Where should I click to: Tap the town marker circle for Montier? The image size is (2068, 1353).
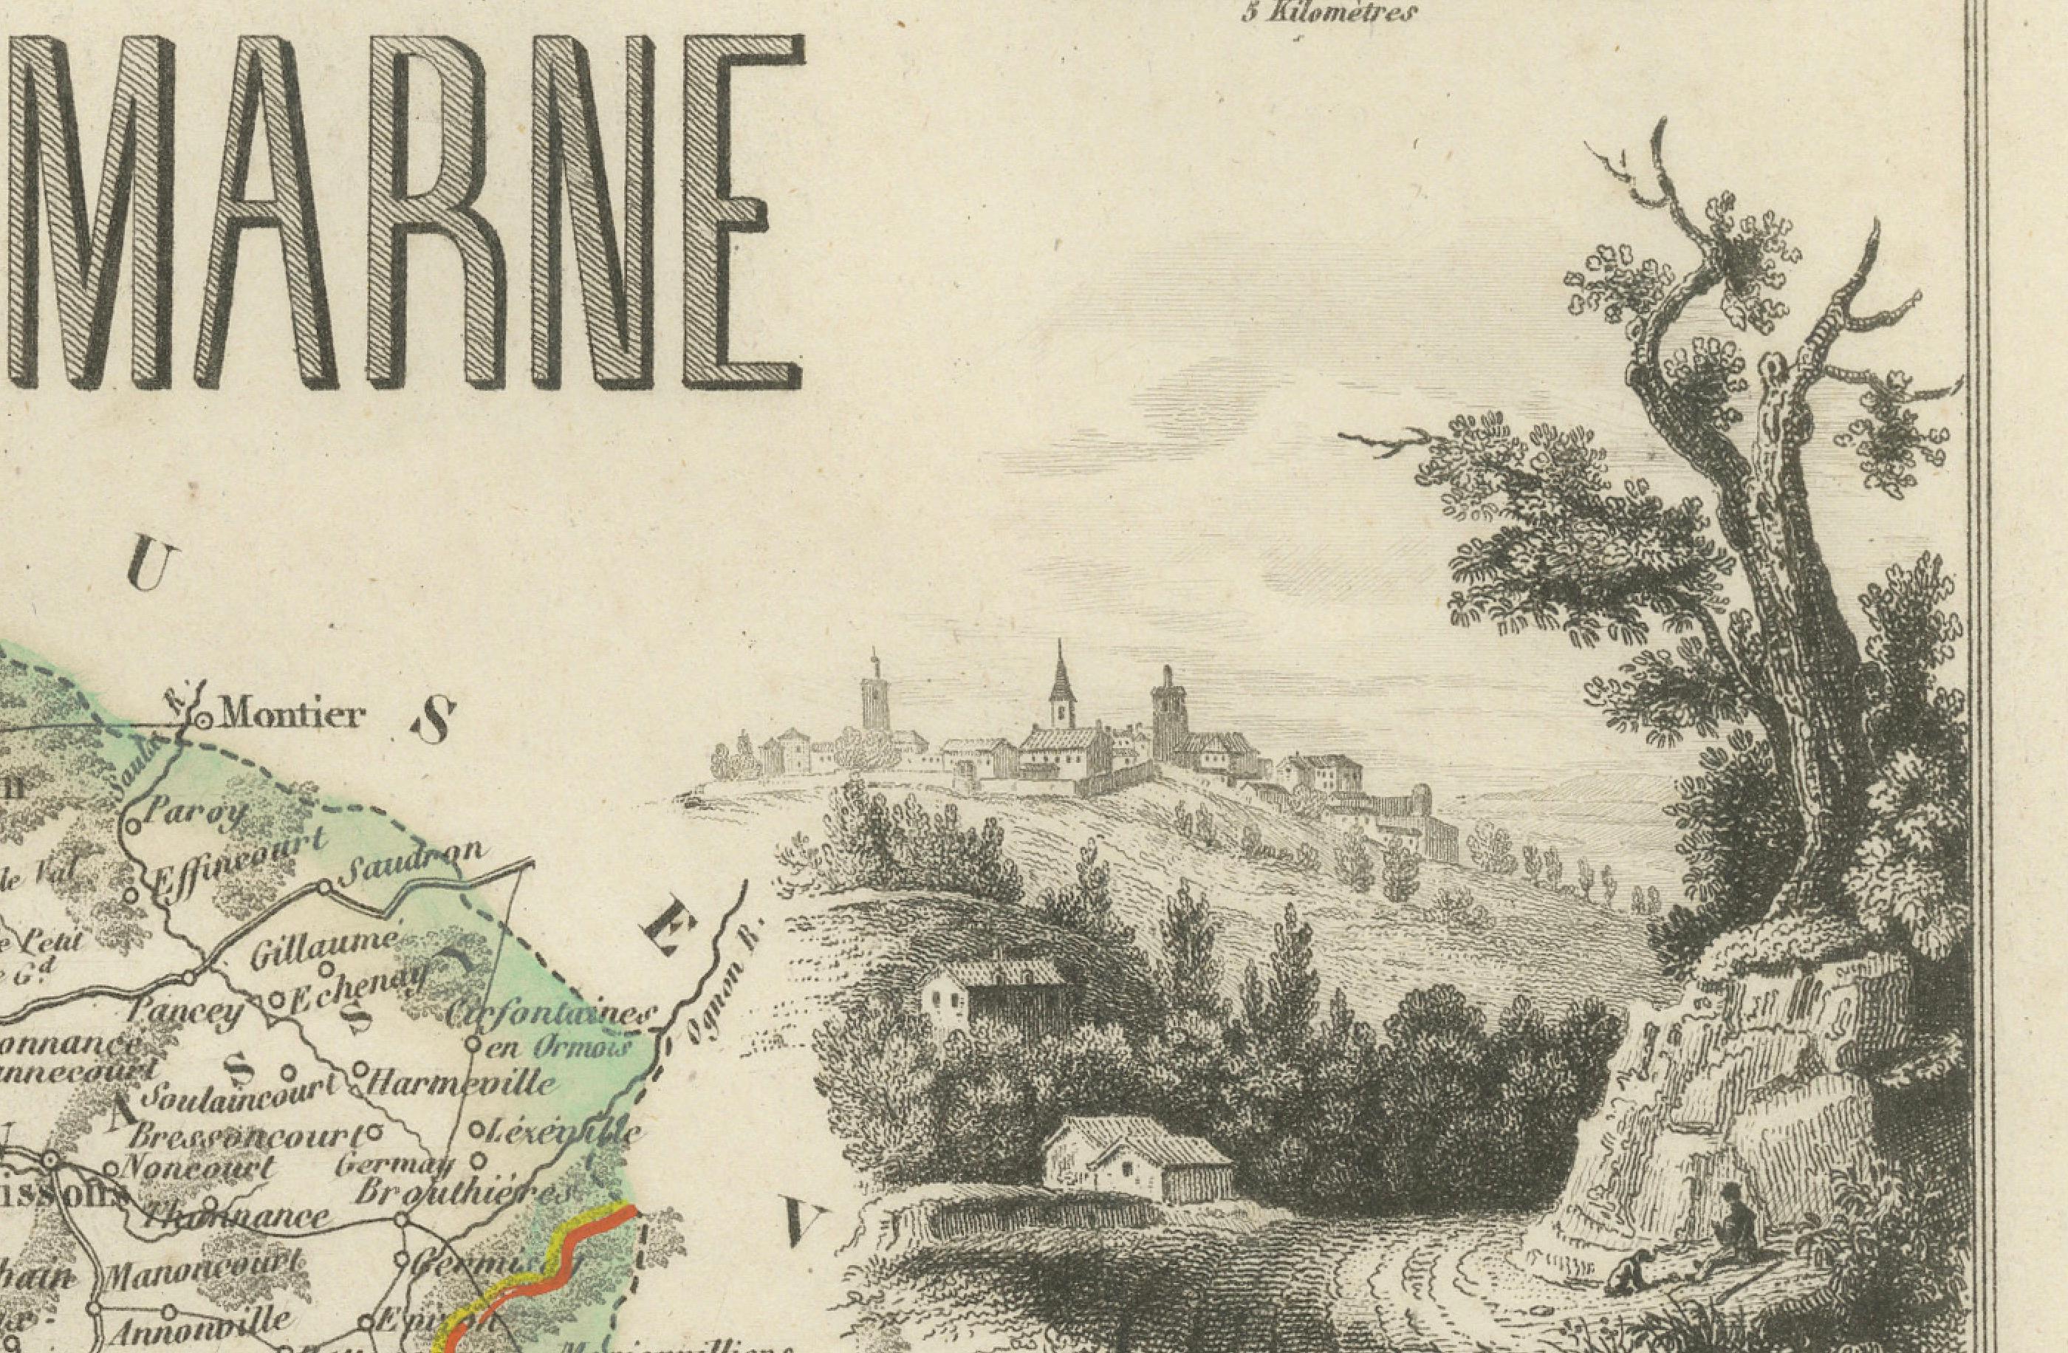pos(203,720)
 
